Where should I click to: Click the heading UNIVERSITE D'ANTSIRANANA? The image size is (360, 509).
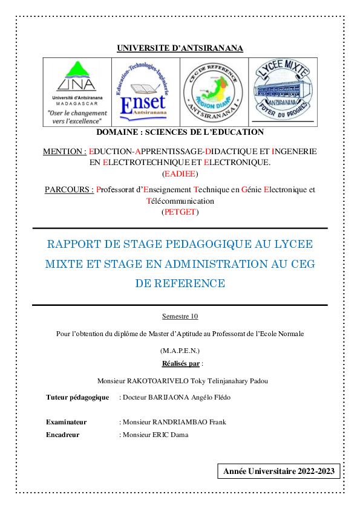[x=180, y=48]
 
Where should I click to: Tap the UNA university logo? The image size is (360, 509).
[x=77, y=92]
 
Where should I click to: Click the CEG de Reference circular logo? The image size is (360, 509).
[x=213, y=92]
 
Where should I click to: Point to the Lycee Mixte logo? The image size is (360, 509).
[x=281, y=92]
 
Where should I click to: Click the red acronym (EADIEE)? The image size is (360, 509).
[x=180, y=173]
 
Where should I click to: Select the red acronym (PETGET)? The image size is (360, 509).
[x=180, y=212]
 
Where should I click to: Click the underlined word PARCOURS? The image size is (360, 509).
[x=69, y=189]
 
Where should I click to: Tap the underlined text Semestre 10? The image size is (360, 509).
[x=180, y=316]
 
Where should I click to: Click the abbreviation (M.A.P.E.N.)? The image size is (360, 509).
[x=180, y=351]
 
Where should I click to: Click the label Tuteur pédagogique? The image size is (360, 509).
[x=77, y=398]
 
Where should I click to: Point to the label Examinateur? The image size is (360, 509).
[x=66, y=422]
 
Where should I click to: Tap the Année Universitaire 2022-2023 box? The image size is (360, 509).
[x=279, y=471]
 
